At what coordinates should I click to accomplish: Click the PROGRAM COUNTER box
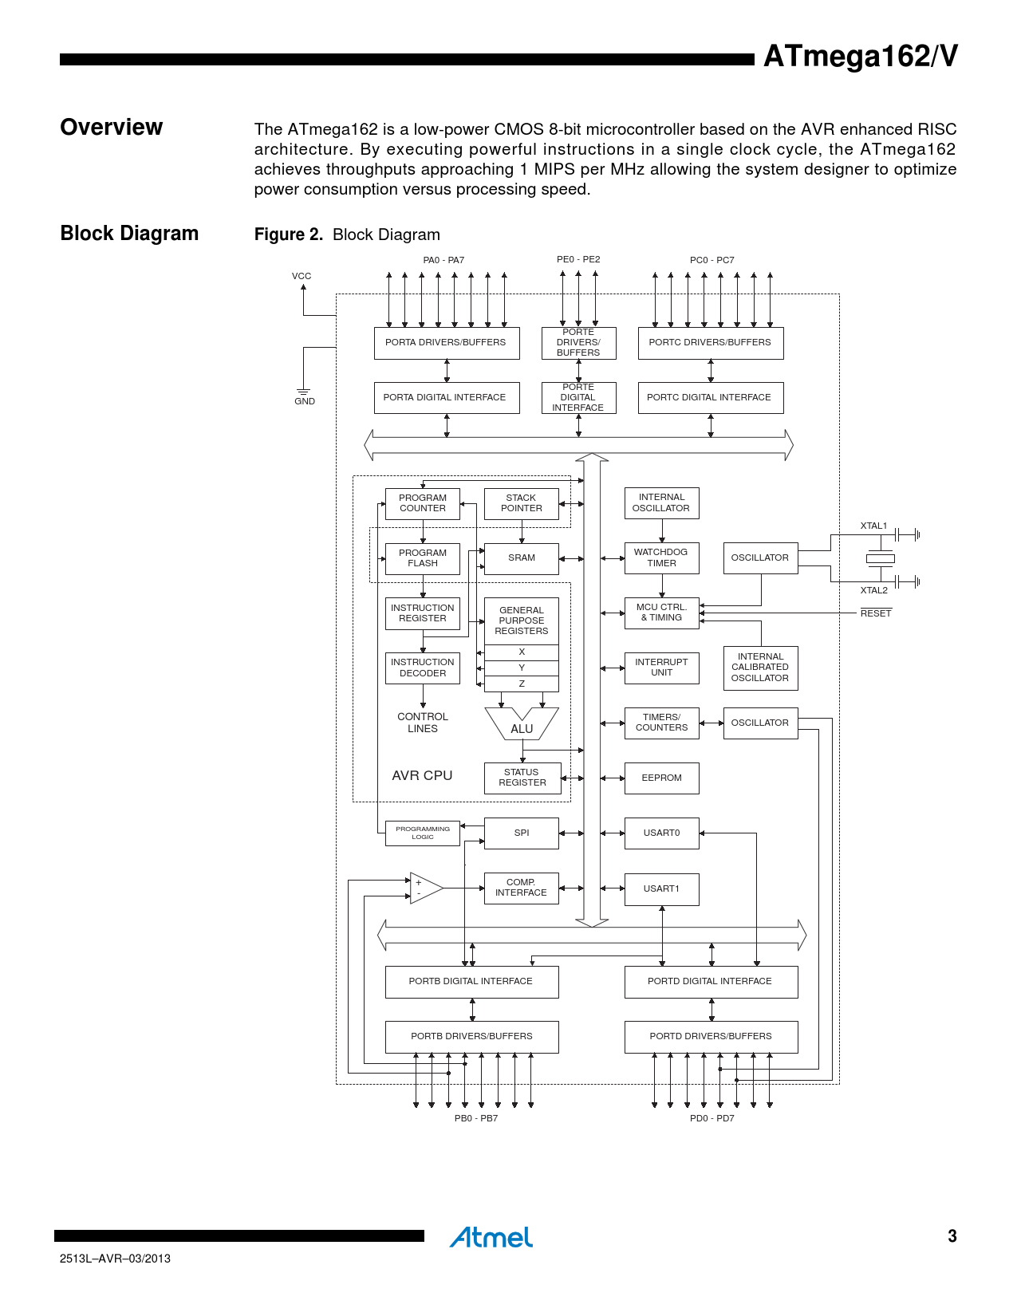point(423,503)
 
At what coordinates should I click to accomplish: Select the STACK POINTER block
point(522,503)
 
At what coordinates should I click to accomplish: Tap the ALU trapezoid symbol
point(522,724)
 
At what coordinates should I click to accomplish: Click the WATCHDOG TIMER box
point(661,558)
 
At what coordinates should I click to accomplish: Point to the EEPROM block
point(661,778)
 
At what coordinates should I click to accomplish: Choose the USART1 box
point(661,888)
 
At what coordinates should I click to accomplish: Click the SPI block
point(522,833)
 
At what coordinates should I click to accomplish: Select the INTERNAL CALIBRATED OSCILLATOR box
point(760,668)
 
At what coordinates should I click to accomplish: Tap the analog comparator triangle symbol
point(425,888)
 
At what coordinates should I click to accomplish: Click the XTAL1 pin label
point(873,526)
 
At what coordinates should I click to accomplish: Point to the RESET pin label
point(876,613)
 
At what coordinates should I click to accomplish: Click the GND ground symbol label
point(305,401)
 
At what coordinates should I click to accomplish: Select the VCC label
point(302,276)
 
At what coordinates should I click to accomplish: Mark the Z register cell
point(522,684)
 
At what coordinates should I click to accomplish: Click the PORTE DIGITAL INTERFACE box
point(578,397)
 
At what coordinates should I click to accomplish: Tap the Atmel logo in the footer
point(491,1237)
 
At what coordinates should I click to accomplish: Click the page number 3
point(952,1236)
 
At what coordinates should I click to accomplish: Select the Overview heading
point(112,128)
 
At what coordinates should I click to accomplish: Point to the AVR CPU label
point(422,775)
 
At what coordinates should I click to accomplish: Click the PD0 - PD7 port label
point(712,1118)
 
